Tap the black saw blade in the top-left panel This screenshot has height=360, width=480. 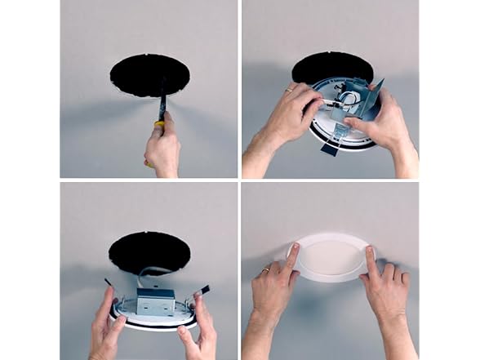[162, 101]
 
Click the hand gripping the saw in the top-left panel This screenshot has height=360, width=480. [163, 150]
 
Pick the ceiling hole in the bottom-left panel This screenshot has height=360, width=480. [149, 251]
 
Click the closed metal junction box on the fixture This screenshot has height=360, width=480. [154, 303]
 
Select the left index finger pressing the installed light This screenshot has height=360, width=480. [291, 256]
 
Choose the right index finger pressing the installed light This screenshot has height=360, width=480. [371, 260]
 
